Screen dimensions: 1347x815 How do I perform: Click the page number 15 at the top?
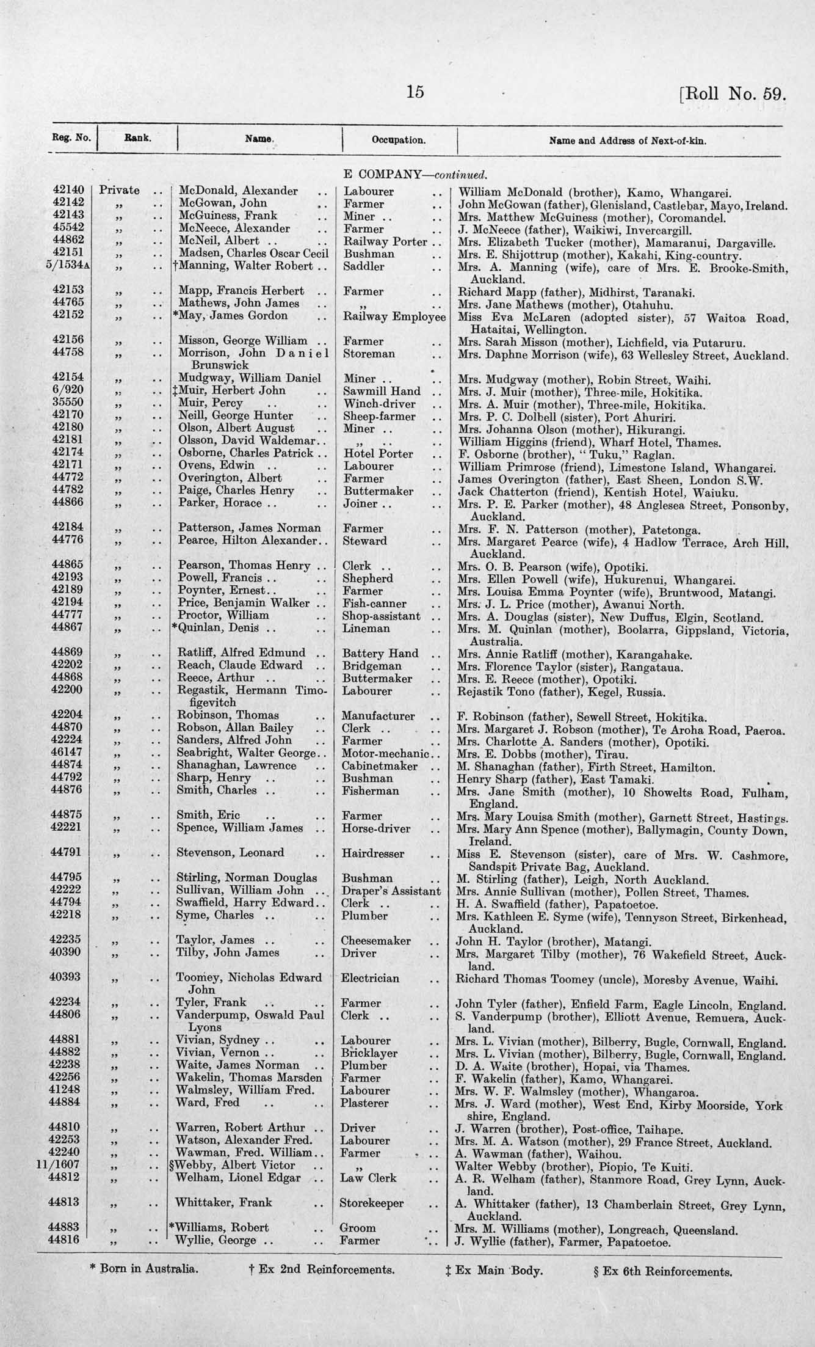click(x=415, y=92)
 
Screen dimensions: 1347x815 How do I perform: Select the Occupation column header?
click(x=399, y=140)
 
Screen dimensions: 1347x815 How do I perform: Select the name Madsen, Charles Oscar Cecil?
click(x=253, y=254)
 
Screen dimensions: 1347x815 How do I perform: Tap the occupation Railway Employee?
click(x=394, y=316)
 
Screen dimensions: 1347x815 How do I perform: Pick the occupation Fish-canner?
click(x=374, y=604)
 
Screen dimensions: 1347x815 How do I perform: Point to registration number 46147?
click(x=68, y=753)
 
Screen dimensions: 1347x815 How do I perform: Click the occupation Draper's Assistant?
click(x=391, y=891)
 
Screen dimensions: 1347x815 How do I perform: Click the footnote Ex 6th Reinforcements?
click(x=662, y=1269)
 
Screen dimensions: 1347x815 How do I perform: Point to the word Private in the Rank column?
click(x=119, y=191)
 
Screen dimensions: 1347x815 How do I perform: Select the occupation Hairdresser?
click(x=372, y=853)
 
